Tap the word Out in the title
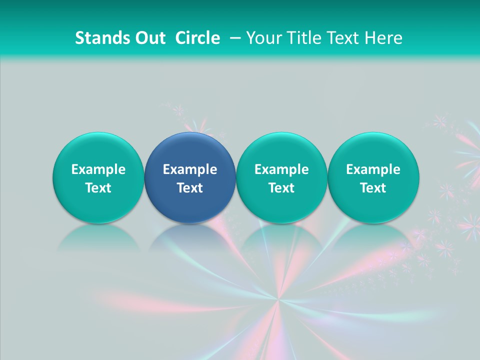point(149,38)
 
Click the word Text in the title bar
point(342,38)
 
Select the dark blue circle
point(190,177)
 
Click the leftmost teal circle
point(98,177)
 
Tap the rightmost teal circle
point(373,177)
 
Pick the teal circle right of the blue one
point(281,177)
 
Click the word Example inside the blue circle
point(190,169)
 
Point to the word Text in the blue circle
point(190,188)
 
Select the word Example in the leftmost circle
point(98,169)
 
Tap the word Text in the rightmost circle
point(373,188)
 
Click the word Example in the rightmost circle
point(373,169)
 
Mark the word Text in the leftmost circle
point(98,188)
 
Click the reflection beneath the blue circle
point(190,237)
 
